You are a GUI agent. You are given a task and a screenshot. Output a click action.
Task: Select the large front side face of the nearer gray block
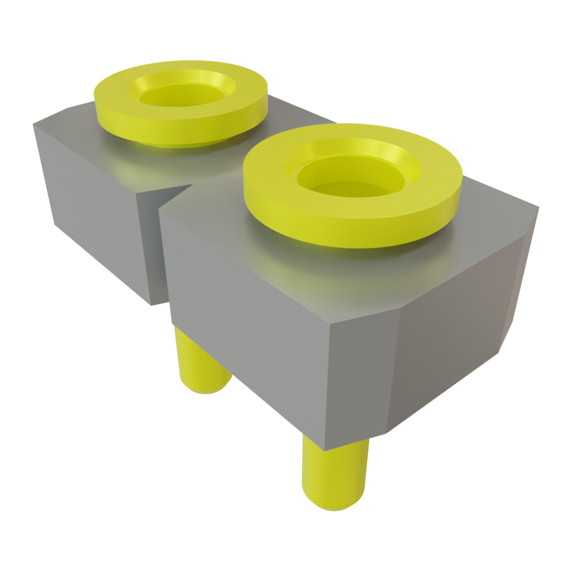click(x=251, y=330)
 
